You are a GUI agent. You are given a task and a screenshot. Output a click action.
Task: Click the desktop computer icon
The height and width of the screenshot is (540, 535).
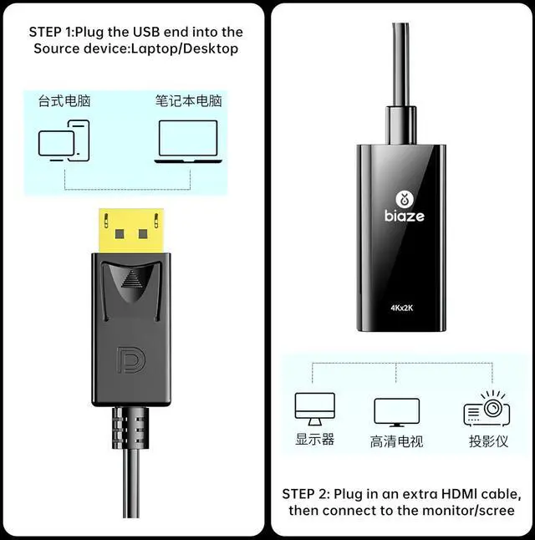click(64, 140)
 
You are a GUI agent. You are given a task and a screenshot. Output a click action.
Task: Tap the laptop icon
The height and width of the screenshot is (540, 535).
click(188, 140)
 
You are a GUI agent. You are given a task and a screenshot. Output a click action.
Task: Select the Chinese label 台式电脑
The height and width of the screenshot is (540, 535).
click(64, 101)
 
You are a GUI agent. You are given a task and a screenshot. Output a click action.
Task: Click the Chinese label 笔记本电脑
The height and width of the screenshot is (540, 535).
click(188, 101)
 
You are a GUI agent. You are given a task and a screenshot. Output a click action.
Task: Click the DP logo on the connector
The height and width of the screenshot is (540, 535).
click(131, 358)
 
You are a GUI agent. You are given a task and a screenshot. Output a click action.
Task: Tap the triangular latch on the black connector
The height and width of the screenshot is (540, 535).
click(131, 279)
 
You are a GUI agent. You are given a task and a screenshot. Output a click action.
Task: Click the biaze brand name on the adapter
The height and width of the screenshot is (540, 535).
click(405, 216)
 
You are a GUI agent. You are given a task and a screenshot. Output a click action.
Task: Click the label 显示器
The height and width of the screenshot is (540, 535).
click(315, 440)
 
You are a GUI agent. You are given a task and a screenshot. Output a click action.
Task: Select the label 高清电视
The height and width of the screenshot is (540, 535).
click(396, 441)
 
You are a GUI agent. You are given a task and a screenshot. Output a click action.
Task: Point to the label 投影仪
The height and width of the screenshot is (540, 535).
click(487, 440)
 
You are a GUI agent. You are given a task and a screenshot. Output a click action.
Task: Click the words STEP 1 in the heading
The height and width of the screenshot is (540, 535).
click(51, 32)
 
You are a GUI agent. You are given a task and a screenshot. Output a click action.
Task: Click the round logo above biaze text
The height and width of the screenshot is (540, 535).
click(405, 198)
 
